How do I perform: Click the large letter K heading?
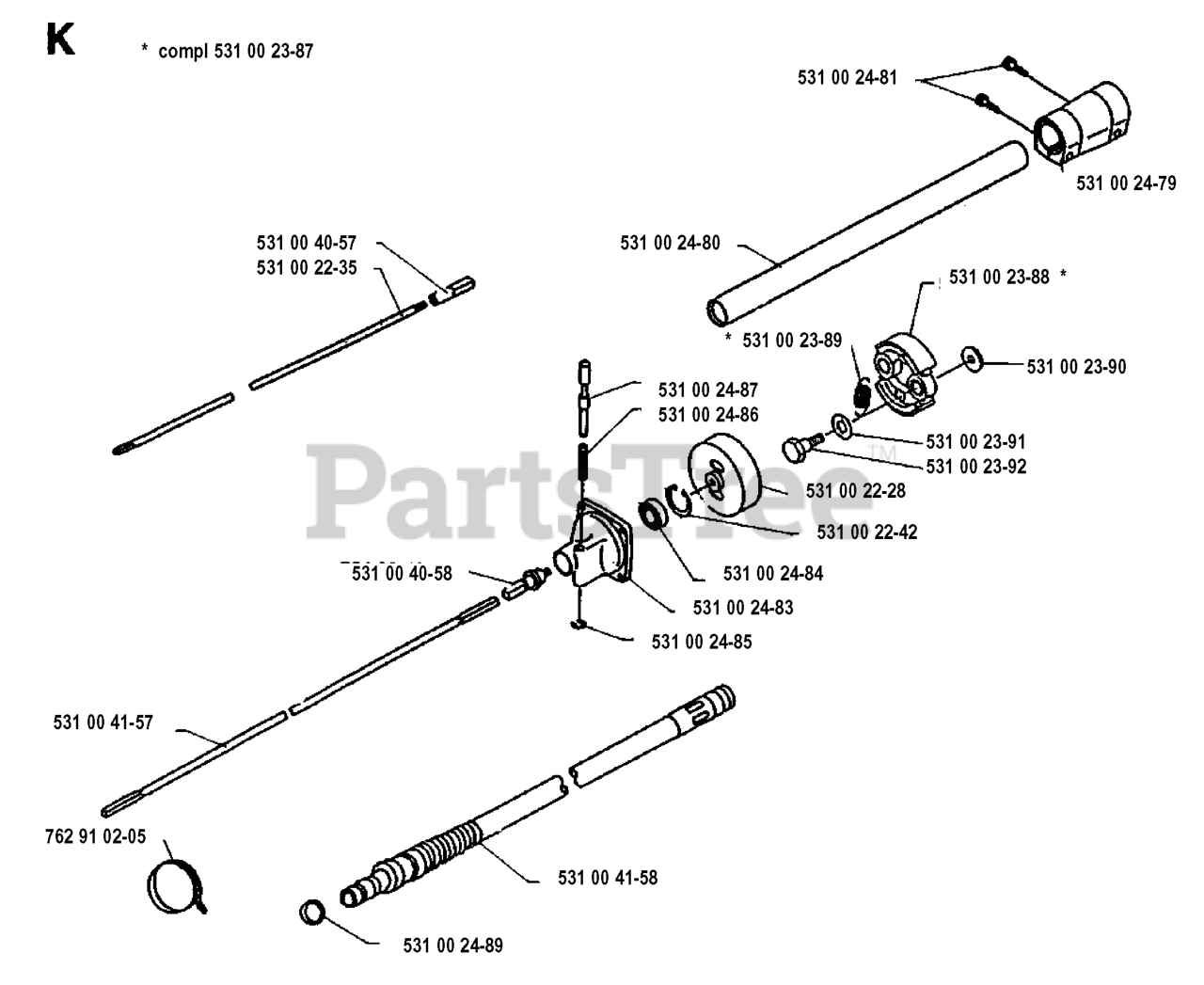pyautogui.click(x=60, y=41)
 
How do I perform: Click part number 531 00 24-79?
pyautogui.click(x=1125, y=183)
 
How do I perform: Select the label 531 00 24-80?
pyautogui.click(x=670, y=243)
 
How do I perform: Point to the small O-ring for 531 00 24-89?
pyautogui.click(x=313, y=912)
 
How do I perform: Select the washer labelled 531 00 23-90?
pyautogui.click(x=971, y=357)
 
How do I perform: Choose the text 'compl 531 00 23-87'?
pyautogui.click(x=235, y=51)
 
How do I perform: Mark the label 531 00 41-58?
pyautogui.click(x=608, y=878)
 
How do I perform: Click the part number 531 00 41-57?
pyautogui.click(x=103, y=723)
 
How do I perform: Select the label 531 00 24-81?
pyautogui.click(x=847, y=78)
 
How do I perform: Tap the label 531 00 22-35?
pyautogui.click(x=307, y=267)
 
